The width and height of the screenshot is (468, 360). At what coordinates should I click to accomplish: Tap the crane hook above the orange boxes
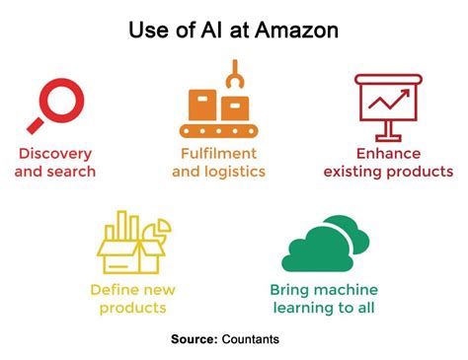pos(234,73)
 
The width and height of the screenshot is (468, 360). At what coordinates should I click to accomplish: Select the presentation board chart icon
pos(388,105)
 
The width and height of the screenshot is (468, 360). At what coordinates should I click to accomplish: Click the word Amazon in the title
pos(293,31)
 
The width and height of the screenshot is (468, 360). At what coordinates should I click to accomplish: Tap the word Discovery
pos(55,154)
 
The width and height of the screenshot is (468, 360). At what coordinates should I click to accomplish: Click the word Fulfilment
pos(219,154)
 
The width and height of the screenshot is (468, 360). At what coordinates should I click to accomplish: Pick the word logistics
pos(237,172)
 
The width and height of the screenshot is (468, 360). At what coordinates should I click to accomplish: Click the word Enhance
pos(387,154)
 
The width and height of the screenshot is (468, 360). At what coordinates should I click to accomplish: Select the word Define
pos(111,290)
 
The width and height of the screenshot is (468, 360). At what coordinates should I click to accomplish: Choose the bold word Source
pos(195,339)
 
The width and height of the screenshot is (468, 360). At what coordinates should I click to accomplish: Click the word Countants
pos(251,339)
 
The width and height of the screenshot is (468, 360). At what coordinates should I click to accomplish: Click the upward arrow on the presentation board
pos(386,98)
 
